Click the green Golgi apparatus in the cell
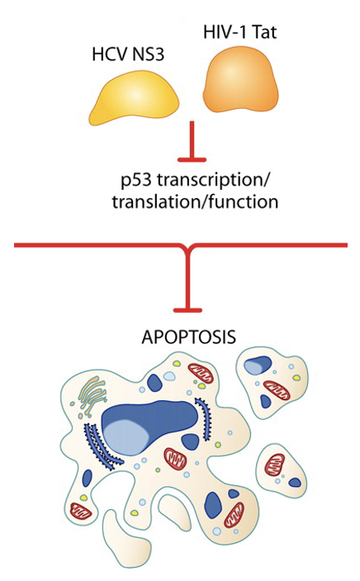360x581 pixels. (92, 396)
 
